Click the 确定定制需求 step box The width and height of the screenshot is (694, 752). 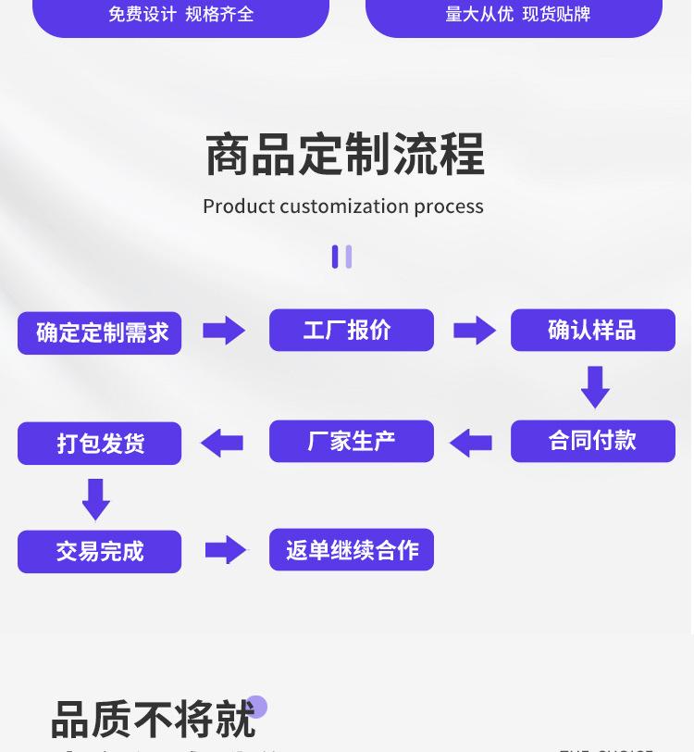(100, 332)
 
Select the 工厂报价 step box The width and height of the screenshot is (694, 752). (351, 330)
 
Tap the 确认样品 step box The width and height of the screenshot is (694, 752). (592, 330)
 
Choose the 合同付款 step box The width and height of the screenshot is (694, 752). (592, 441)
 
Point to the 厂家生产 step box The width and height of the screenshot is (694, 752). (351, 441)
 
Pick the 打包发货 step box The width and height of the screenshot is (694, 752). (100, 443)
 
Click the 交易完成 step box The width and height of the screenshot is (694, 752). (100, 552)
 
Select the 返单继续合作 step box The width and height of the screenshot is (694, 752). (351, 550)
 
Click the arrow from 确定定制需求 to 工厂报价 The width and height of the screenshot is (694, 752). (224, 331)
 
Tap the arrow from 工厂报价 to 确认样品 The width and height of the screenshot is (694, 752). (475, 331)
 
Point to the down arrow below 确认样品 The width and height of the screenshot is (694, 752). (595, 386)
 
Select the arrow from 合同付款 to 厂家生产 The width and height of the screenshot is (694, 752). (471, 443)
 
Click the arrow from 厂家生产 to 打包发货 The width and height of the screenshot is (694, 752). (222, 443)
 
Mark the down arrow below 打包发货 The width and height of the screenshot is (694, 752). (96, 498)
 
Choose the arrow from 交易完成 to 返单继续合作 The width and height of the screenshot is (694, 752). (226, 550)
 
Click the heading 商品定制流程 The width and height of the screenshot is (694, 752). (344, 155)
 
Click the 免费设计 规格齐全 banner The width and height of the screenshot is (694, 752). (180, 15)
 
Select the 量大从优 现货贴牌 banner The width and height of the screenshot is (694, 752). (514, 15)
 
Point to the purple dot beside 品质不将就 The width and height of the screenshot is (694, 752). (256, 708)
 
